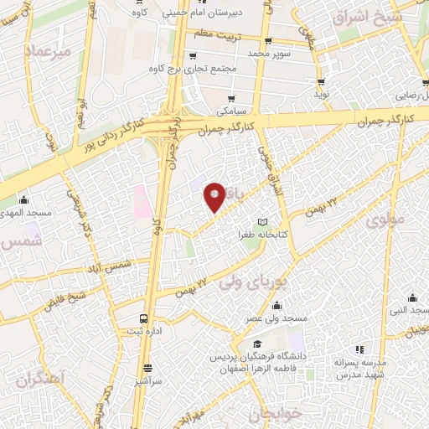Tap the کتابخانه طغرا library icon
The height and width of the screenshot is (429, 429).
tap(264, 221)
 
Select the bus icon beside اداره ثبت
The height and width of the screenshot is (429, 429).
tap(144, 318)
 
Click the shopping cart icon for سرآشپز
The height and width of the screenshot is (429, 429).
tap(148, 367)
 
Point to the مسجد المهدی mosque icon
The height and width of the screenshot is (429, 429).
tap(24, 200)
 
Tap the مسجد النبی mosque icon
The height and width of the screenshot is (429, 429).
tap(412, 297)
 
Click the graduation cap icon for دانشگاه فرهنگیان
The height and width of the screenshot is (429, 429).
tap(256, 344)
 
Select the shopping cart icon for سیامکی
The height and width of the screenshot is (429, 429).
tap(230, 98)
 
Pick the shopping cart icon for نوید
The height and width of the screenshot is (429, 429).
tap(321, 81)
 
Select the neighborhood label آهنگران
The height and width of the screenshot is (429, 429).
tap(39, 380)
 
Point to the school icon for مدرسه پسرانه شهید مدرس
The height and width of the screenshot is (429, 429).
tap(359, 349)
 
